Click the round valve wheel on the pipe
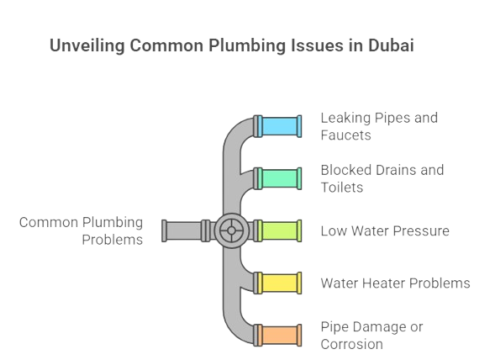pos(228,230)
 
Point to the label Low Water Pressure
pos(384,230)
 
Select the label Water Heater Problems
pos(394,283)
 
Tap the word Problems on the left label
pos(112,239)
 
